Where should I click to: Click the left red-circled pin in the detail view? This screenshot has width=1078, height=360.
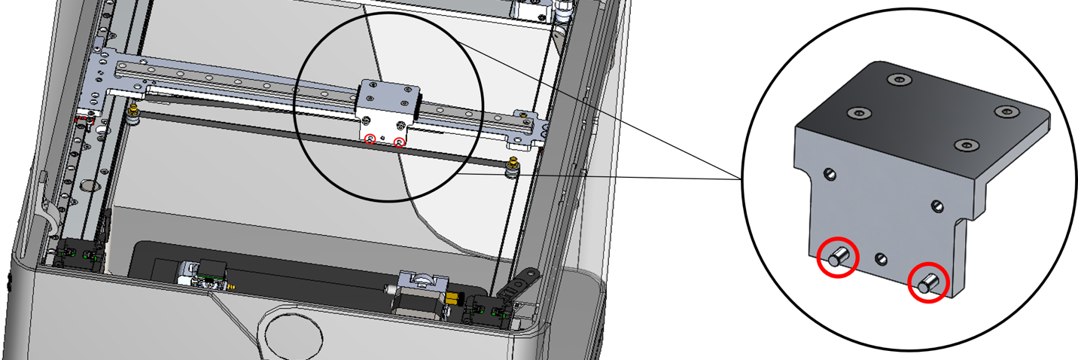838,258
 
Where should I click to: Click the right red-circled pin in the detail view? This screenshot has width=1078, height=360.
927,283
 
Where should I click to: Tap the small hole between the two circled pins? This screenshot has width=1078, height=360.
881,259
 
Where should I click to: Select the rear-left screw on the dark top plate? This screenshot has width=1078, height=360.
897,79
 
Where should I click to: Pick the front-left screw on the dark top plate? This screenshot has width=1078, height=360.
858,113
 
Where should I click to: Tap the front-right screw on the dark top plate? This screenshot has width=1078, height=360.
963,145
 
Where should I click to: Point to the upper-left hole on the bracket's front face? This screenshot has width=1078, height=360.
830,175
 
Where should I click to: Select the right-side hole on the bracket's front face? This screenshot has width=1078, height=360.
937,206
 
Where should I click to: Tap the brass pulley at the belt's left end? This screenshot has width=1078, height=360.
134,111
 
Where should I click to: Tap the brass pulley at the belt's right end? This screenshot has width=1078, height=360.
513,166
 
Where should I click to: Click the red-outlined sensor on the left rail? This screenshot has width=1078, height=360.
87,118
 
